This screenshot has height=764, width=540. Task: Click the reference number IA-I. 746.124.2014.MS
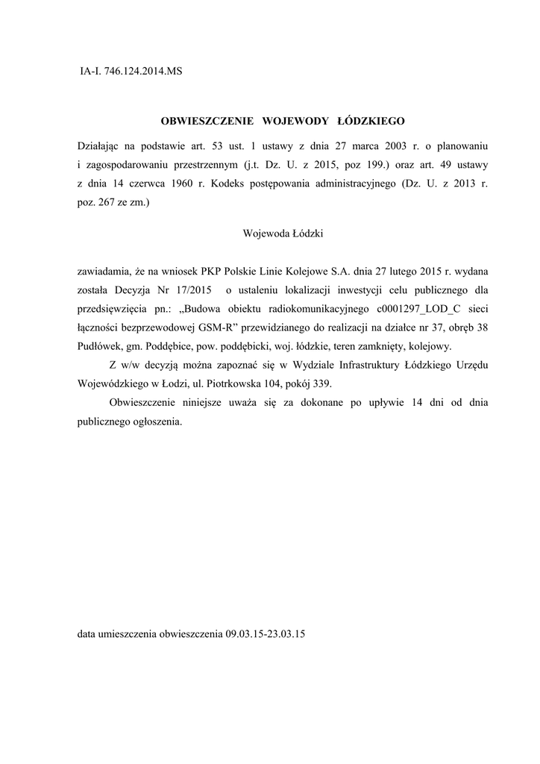[131, 72]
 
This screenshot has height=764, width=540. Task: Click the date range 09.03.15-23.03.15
[266, 634]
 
